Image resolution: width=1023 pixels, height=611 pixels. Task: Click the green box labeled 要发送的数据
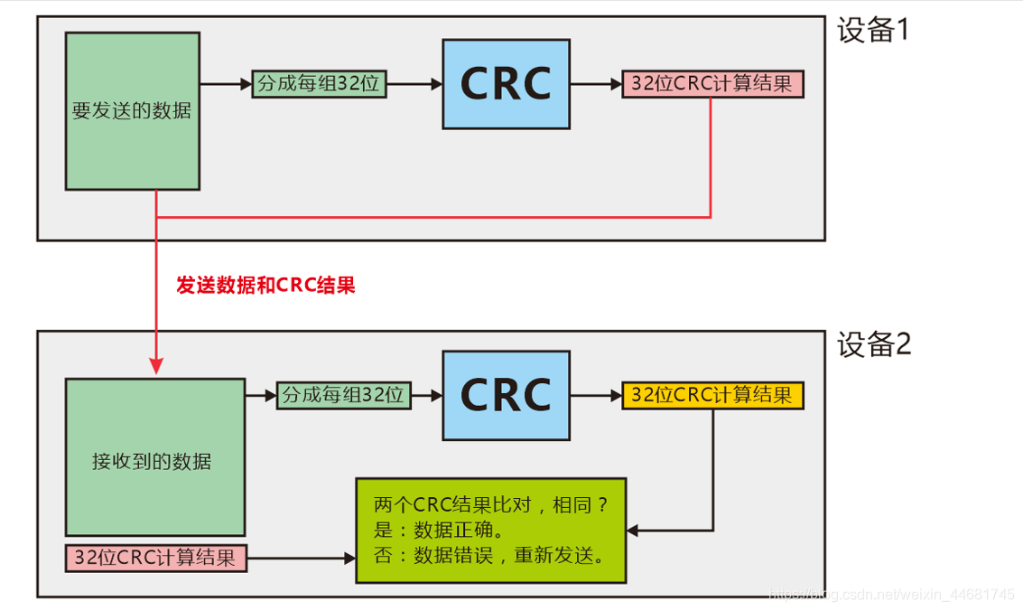(x=133, y=111)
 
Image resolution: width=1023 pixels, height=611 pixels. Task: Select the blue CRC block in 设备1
(x=506, y=84)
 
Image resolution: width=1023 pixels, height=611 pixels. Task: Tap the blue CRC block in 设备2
(x=506, y=396)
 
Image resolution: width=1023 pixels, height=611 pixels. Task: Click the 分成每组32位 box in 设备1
(x=319, y=84)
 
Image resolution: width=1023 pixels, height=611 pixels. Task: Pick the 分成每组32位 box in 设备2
(x=344, y=396)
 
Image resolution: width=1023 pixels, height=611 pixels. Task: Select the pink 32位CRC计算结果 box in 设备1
(x=712, y=84)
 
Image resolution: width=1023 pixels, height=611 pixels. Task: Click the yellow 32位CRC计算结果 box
(x=712, y=396)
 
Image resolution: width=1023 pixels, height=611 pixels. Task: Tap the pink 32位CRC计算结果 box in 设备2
(x=155, y=559)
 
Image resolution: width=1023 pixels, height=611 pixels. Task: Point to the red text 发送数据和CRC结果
(x=265, y=286)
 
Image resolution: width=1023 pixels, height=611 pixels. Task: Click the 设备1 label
(x=873, y=31)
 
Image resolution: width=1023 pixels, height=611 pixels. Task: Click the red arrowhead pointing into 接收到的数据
(x=157, y=366)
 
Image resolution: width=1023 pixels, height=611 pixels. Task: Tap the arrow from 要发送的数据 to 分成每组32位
(x=226, y=84)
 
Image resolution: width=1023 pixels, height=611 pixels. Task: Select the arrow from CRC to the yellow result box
(x=596, y=396)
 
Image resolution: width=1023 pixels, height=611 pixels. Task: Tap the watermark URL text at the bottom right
(x=894, y=595)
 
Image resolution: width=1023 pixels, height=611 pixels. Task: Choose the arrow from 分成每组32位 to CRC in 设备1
(x=414, y=84)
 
